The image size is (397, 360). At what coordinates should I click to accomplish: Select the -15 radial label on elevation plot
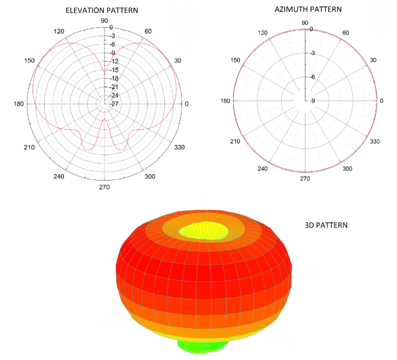(x=114, y=70)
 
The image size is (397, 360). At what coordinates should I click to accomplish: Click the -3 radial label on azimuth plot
(x=312, y=53)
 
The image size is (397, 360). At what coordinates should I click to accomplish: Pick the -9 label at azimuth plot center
(x=312, y=100)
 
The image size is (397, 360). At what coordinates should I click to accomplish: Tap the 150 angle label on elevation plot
(x=29, y=61)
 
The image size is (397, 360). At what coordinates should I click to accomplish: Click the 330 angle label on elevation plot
(x=179, y=148)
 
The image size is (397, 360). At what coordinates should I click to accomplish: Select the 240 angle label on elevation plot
(x=59, y=177)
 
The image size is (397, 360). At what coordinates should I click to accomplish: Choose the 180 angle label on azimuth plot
(x=225, y=100)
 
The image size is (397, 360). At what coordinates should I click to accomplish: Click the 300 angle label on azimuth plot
(x=347, y=168)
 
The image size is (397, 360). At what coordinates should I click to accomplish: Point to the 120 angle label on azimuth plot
(x=263, y=33)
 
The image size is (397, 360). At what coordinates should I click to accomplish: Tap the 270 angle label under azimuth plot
(x=305, y=179)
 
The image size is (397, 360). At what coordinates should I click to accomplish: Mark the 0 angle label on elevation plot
(x=187, y=104)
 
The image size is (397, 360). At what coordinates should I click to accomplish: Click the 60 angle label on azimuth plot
(x=346, y=33)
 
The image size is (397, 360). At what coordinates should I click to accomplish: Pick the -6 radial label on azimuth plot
(x=312, y=77)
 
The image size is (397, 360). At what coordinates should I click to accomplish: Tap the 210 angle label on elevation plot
(x=29, y=148)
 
